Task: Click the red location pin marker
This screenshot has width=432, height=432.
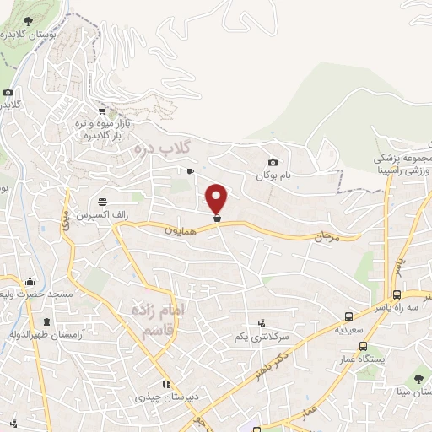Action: (x=217, y=199)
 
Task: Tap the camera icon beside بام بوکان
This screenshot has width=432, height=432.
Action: (x=272, y=163)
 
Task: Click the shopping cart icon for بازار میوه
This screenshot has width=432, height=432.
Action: (x=102, y=111)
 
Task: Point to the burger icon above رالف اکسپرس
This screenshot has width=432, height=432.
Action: (x=102, y=201)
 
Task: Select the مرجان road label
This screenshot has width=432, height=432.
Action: (x=325, y=238)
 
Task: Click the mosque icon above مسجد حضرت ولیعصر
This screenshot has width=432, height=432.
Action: (x=30, y=281)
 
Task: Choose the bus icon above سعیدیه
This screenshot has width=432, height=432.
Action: (x=348, y=317)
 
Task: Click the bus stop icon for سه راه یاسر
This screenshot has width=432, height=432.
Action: (x=397, y=295)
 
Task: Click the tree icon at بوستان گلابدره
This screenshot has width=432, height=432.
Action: (x=29, y=19)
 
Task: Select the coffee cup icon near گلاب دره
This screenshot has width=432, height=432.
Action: (x=190, y=171)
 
